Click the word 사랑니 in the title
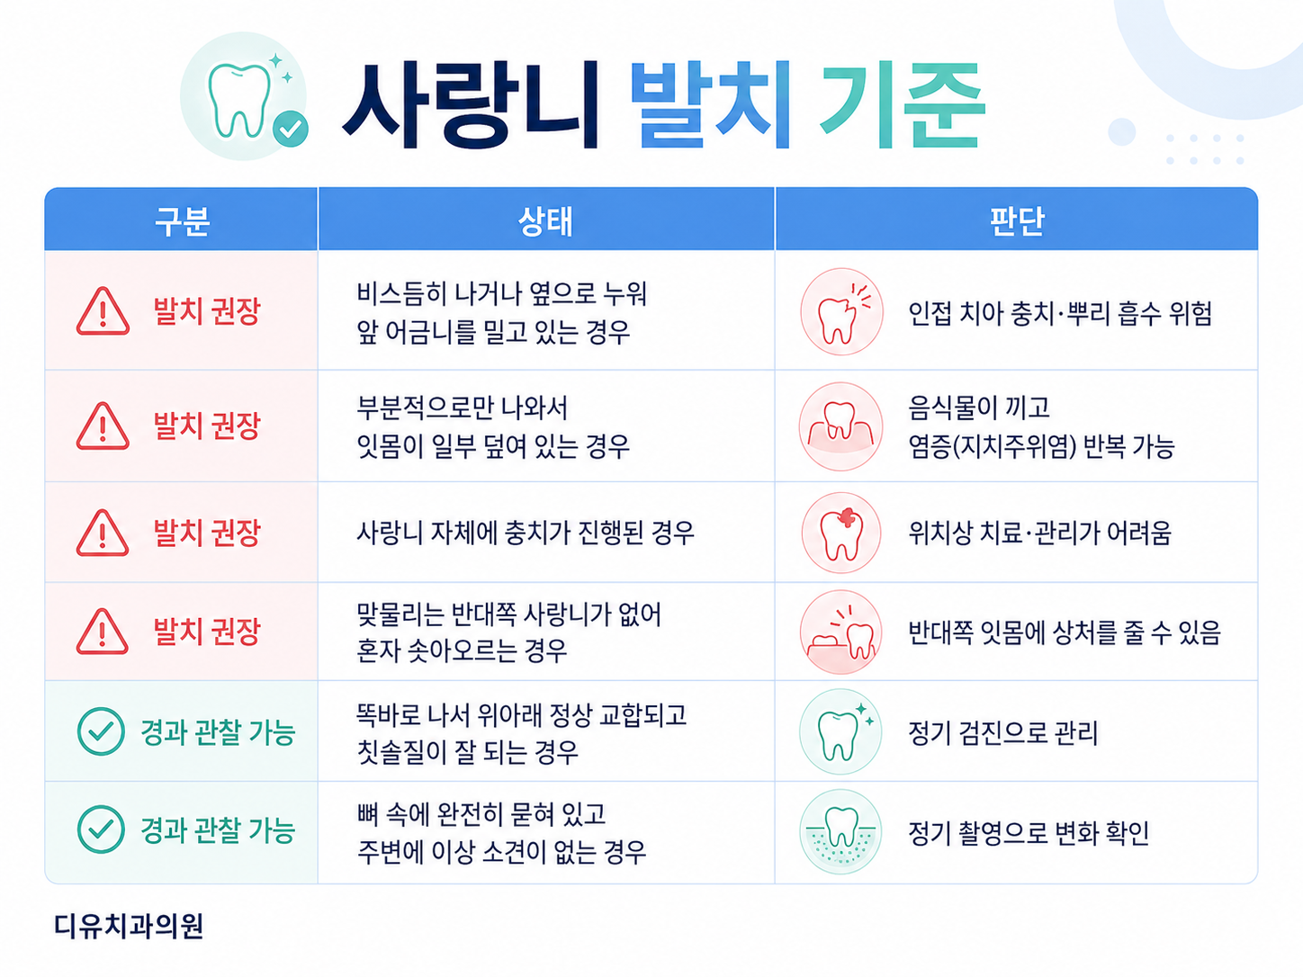click(x=470, y=105)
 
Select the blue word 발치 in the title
click(x=710, y=104)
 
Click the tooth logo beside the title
click(x=244, y=96)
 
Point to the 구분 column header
click(x=183, y=221)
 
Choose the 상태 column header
click(x=545, y=221)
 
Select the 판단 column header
click(x=1016, y=221)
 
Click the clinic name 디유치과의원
click(x=129, y=926)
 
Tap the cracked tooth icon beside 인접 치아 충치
click(x=841, y=311)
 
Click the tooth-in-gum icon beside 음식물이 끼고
click(x=840, y=426)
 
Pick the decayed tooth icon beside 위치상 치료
click(x=841, y=533)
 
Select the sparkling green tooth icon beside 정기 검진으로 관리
click(x=840, y=731)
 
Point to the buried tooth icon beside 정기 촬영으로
click(x=840, y=831)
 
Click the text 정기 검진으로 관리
click(x=1003, y=732)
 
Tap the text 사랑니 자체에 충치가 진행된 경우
click(x=526, y=533)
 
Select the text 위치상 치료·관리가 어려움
click(x=1040, y=533)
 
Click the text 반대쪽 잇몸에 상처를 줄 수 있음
click(x=1065, y=632)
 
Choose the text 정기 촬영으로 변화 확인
click(x=1029, y=833)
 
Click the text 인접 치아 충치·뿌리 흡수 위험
click(x=1060, y=313)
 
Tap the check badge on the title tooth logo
click(x=291, y=128)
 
